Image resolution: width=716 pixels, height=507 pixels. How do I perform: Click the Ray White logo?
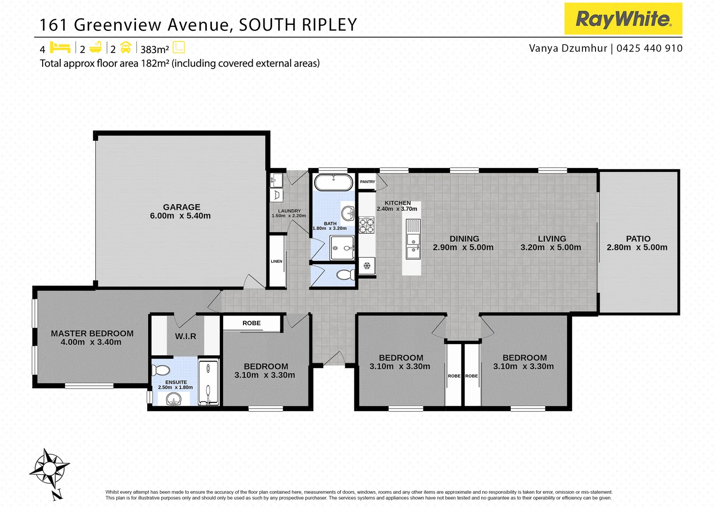click(x=623, y=19)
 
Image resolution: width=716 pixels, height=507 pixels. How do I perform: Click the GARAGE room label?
click(x=181, y=207)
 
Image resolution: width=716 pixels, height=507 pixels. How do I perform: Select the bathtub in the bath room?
click(x=333, y=183)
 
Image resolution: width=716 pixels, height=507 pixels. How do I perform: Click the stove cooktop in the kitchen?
click(x=367, y=225)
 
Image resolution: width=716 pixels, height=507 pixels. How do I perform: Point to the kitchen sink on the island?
click(x=413, y=246)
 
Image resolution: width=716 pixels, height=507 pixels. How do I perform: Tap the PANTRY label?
click(x=368, y=182)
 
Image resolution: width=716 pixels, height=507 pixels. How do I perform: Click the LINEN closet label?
click(x=277, y=261)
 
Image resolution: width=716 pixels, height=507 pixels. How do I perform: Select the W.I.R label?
click(x=186, y=336)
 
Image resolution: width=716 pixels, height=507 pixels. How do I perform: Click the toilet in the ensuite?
click(x=161, y=370)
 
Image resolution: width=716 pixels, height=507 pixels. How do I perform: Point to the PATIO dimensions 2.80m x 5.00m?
click(x=637, y=247)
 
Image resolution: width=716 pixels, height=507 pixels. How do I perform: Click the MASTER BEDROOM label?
click(x=92, y=333)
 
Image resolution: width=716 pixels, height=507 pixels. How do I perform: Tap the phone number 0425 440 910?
click(x=649, y=48)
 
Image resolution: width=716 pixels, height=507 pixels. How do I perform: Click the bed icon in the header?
click(x=60, y=48)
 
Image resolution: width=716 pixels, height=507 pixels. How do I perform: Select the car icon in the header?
click(x=126, y=48)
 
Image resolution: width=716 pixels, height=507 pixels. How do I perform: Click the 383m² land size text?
click(x=154, y=49)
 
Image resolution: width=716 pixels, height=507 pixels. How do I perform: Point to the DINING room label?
click(x=464, y=238)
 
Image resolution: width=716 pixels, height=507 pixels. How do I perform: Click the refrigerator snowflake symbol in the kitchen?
click(x=367, y=266)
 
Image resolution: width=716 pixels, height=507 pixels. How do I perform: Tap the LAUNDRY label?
click(x=289, y=211)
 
